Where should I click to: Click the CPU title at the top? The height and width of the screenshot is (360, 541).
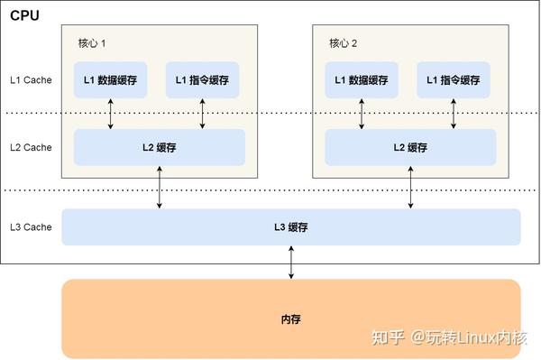pos(25,15)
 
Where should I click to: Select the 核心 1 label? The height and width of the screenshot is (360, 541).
pos(92,43)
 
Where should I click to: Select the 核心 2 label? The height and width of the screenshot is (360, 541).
pos(344,43)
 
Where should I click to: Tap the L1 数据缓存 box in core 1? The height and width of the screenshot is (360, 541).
pos(110,79)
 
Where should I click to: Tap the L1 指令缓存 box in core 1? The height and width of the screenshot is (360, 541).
pos(202,79)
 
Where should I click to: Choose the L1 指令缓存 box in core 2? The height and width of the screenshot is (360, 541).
pos(454,79)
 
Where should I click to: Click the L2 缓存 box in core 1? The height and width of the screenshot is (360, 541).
pos(159,147)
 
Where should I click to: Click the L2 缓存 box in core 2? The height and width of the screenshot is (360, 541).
pos(410,147)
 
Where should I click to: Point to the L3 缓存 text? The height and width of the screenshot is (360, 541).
pos(291,227)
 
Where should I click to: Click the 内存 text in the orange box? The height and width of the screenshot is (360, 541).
pos(290,319)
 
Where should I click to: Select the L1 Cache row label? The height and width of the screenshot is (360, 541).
pos(31,79)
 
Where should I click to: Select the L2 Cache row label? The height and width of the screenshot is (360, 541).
pos(31,147)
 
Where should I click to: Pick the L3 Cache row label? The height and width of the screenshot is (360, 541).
pos(31,227)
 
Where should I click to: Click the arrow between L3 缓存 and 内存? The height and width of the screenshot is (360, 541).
pos(290,262)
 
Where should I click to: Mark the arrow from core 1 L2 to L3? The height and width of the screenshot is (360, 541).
pos(160,188)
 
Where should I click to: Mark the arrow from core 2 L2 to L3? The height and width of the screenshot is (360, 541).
pos(410,188)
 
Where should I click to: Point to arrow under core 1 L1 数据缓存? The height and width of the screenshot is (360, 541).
pos(110,114)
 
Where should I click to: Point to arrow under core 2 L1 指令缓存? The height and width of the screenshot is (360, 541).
pos(454,114)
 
